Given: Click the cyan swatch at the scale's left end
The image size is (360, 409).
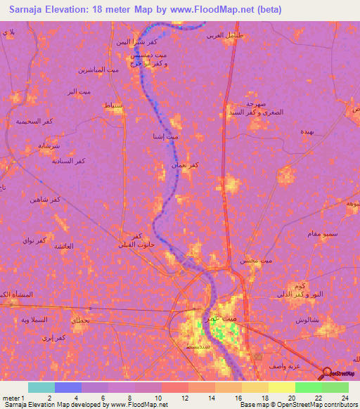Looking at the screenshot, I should point(41,387).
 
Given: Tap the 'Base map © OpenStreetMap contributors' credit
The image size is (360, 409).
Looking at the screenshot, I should point(297,405).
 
